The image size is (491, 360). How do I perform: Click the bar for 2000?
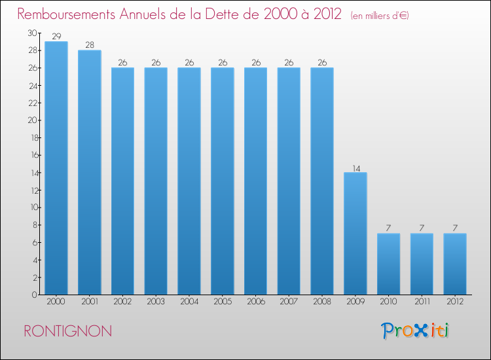point(56,168)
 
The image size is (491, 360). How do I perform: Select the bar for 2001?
point(90,173)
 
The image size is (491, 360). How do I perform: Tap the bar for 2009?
point(355,234)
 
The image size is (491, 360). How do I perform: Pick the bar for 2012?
point(455,264)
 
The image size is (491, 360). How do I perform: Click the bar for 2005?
point(223,181)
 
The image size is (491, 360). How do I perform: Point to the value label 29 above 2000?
point(56,37)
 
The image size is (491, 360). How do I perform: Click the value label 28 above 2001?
point(90,45)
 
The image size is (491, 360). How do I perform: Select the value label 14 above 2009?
point(355,168)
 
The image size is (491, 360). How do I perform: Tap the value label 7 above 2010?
point(388,228)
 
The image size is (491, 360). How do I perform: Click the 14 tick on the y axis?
point(33,173)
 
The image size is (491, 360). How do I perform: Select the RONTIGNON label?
point(67,331)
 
